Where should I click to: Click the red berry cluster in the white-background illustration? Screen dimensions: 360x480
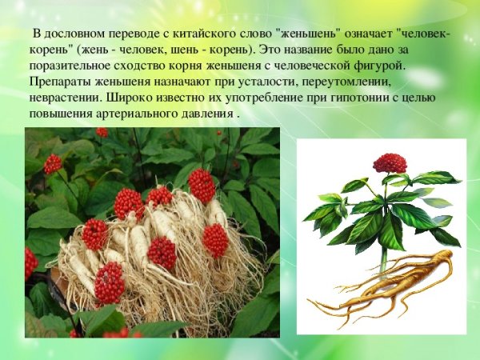tap(389, 163)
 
